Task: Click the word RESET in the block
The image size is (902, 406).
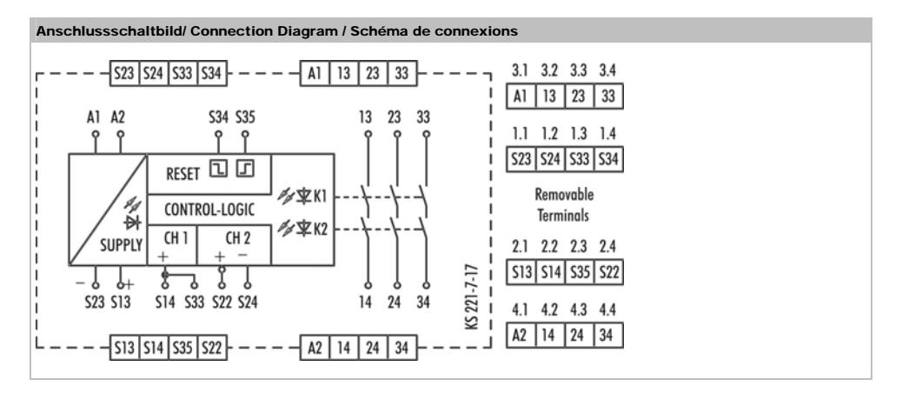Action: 182,173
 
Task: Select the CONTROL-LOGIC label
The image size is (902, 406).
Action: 209,209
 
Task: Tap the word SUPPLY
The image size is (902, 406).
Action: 121,245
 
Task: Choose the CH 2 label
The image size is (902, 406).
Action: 237,237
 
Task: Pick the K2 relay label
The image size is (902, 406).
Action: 320,230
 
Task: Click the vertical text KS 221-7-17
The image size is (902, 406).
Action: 471,297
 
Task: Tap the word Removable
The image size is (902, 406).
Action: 564,195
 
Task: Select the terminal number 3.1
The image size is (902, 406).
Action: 520,70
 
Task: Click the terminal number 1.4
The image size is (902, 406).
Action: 607,134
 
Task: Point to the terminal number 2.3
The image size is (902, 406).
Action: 578,247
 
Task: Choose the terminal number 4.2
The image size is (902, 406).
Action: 549,309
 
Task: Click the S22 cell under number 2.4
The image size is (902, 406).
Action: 608,272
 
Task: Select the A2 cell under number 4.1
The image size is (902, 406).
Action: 521,336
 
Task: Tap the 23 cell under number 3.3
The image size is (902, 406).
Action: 579,97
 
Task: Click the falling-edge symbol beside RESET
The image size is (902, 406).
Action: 218,169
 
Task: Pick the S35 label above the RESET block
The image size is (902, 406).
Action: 245,117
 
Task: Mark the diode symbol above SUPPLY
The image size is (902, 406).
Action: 133,223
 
